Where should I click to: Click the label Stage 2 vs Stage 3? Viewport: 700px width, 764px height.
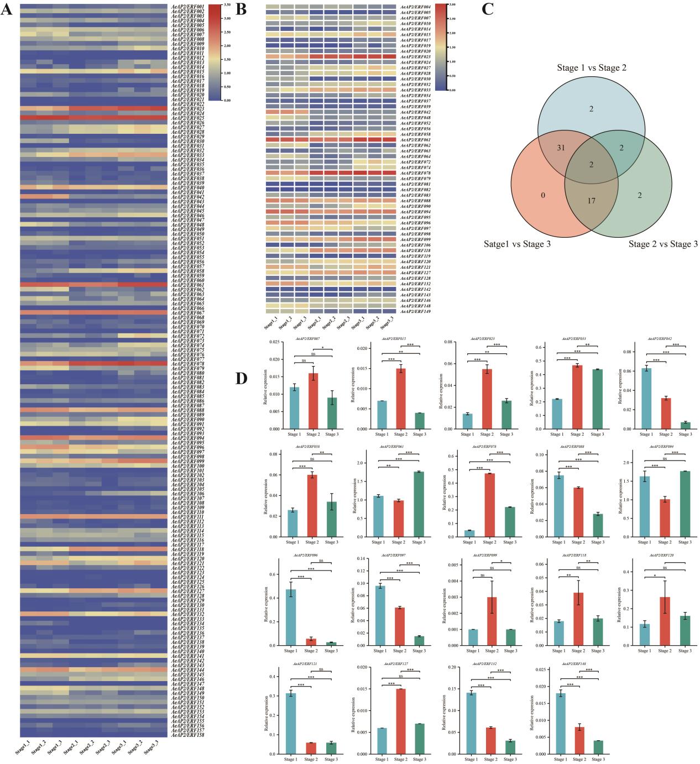pos(662,244)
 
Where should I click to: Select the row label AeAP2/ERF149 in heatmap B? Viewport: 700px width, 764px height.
pos(415,312)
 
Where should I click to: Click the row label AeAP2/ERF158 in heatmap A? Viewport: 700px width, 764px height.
pos(188,735)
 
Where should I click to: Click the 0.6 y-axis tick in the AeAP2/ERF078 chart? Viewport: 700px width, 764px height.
pos(453,456)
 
